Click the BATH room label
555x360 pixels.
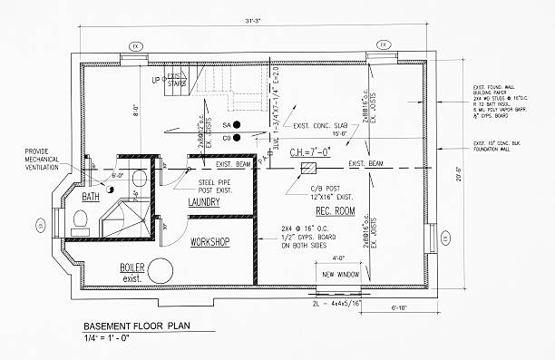pyautogui.click(x=91, y=196)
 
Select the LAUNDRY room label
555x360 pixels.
pyautogui.click(x=206, y=202)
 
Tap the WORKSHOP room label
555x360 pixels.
pyautogui.click(x=209, y=241)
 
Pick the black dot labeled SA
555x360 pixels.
pyautogui.click(x=236, y=123)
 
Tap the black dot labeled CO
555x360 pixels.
pyautogui.click(x=236, y=138)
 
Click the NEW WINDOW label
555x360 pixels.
pyautogui.click(x=340, y=274)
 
